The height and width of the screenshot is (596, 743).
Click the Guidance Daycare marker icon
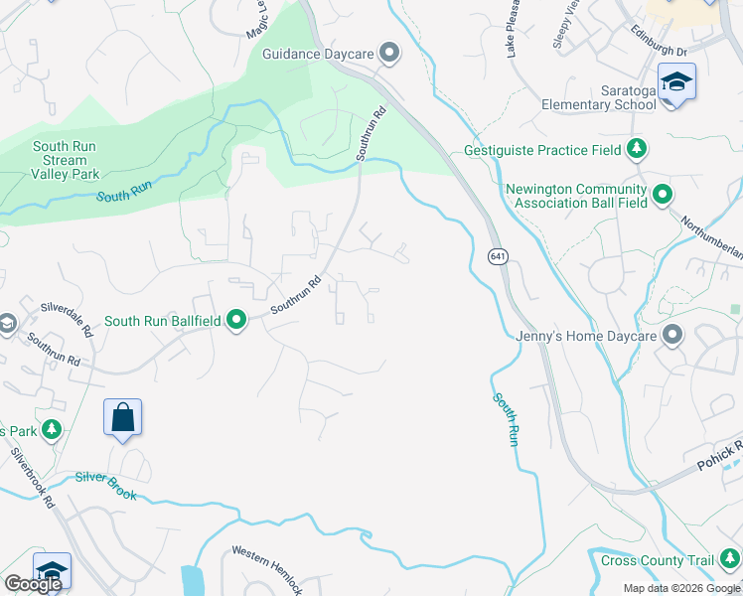click(x=389, y=54)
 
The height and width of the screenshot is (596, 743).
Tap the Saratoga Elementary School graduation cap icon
click(x=676, y=81)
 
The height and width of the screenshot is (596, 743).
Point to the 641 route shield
click(x=498, y=256)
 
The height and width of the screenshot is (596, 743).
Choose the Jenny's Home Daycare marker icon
click(x=672, y=336)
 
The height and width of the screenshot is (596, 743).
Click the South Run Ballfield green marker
click(x=236, y=320)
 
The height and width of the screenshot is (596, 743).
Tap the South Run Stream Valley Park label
click(x=65, y=160)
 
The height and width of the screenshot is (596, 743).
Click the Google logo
click(x=33, y=584)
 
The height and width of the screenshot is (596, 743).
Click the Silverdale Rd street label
click(x=66, y=320)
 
